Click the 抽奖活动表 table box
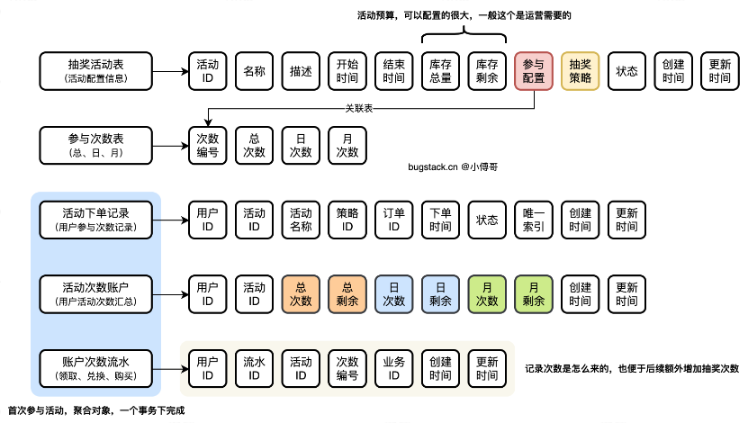coord(97,70)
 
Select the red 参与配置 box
coord(534,70)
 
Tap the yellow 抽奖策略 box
coord(581,70)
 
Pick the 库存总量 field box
coord(440,70)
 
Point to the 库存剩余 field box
coord(487,70)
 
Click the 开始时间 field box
coord(347,70)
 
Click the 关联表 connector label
coord(360,108)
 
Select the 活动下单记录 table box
coord(97,220)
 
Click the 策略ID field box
coord(347,220)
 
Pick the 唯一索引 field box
coord(534,220)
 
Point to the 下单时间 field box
coord(440,220)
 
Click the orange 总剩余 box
coord(347,293)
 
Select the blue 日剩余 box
coord(440,293)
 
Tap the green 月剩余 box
coord(534,293)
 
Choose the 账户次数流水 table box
coord(97,367)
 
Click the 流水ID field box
coord(254,367)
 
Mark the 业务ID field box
coord(393,367)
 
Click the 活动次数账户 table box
coord(97,293)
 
